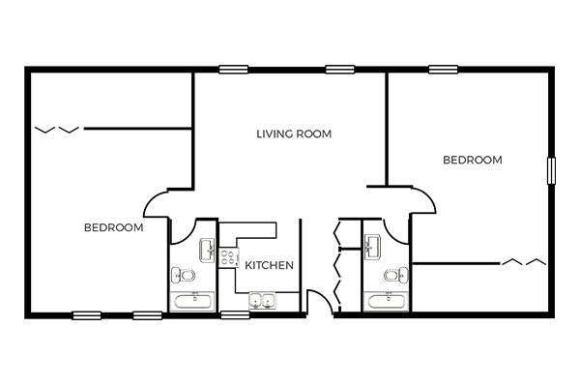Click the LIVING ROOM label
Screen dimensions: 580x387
tap(294, 134)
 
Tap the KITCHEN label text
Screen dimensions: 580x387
tap(270, 265)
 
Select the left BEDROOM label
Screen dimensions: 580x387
tap(113, 227)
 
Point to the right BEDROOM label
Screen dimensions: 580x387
tap(473, 160)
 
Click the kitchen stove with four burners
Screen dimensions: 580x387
tap(228, 257)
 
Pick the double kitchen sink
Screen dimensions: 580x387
tap(262, 300)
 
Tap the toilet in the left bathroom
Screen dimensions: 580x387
tap(183, 275)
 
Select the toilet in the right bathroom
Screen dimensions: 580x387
tap(396, 275)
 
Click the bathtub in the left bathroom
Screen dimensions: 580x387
tap(192, 302)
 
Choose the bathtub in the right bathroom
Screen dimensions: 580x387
tap(386, 302)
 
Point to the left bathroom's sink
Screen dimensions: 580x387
tap(207, 251)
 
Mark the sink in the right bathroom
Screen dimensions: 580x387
tap(373, 247)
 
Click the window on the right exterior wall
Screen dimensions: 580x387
tap(551, 170)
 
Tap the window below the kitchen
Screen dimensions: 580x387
tap(235, 315)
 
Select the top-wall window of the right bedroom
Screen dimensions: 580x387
tap(443, 70)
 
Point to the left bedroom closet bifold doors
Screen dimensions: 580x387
tap(57, 130)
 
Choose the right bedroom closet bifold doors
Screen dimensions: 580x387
tap(524, 262)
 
